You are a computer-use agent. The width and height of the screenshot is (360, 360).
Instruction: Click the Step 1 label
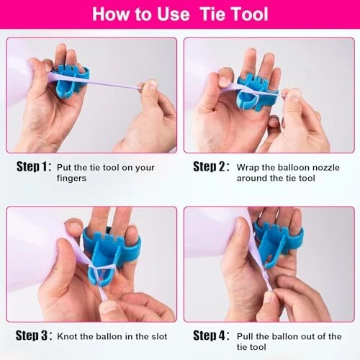[x=34, y=166]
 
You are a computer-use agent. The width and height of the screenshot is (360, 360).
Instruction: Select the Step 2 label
[x=211, y=166]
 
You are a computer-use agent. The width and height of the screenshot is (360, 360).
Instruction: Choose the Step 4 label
[x=211, y=336]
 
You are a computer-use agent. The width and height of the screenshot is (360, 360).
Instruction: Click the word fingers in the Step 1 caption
[x=71, y=179]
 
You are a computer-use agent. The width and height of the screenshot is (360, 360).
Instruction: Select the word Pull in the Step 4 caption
[x=245, y=336]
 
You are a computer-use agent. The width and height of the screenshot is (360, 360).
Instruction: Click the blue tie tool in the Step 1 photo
[x=71, y=81]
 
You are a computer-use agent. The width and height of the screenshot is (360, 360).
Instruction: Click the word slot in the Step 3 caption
[x=159, y=336]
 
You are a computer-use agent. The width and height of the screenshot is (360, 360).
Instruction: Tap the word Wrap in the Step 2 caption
[x=248, y=168]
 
